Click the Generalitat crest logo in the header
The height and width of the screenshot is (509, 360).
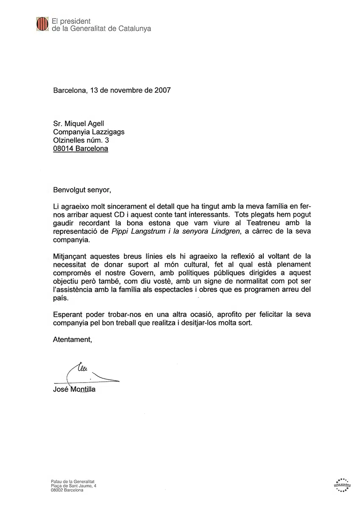point(42,25)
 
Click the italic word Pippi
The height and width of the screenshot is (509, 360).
point(120,231)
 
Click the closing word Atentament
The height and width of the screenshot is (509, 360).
point(72,339)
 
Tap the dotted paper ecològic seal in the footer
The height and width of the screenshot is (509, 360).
point(342,484)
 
